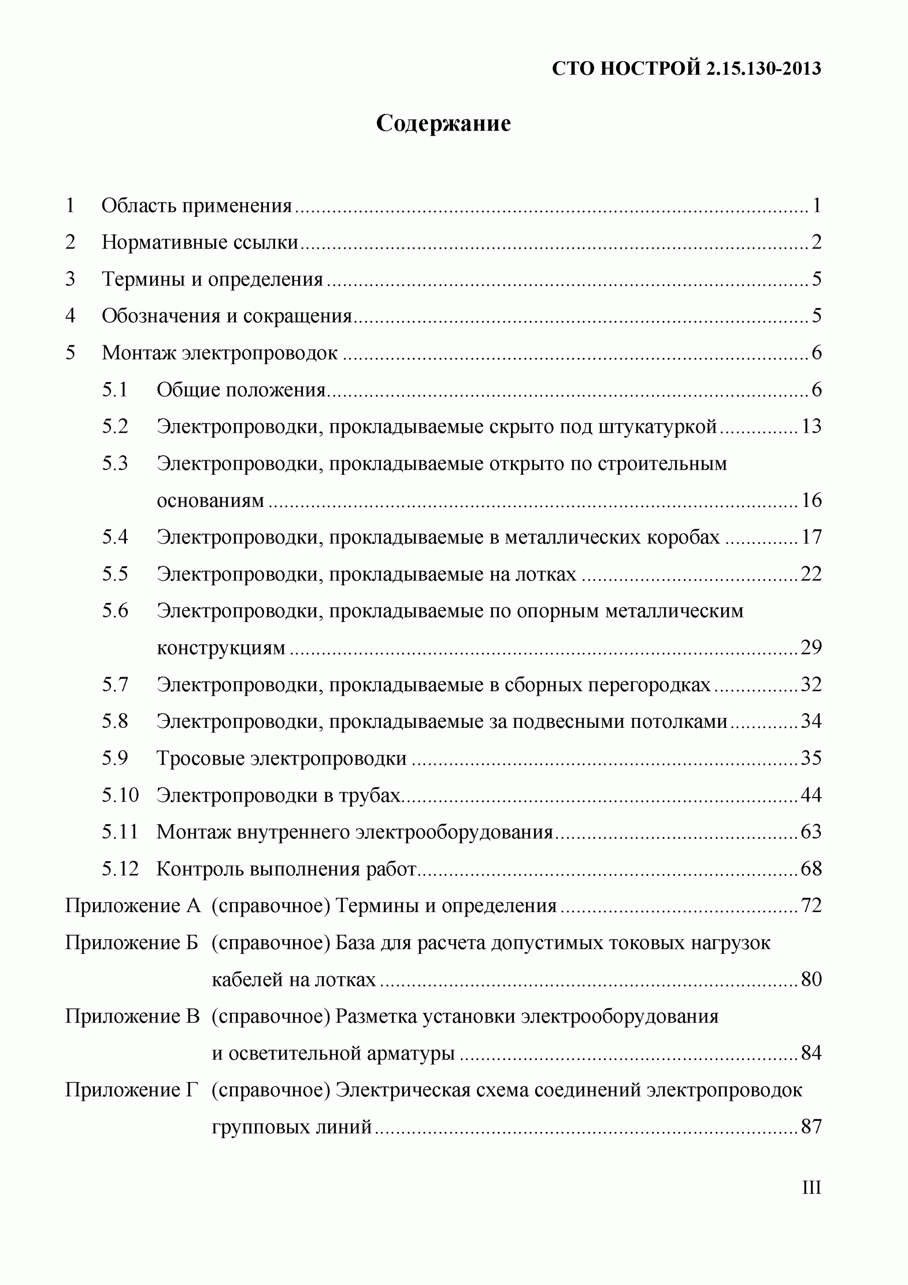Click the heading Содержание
click(443, 123)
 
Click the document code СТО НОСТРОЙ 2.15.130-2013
click(686, 68)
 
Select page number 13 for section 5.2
click(811, 427)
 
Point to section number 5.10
click(120, 795)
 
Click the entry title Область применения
click(196, 206)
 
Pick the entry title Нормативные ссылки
click(200, 242)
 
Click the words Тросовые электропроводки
click(282, 758)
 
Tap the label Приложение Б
click(132, 943)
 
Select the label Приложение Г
click(132, 1090)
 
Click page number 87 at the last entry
click(811, 1126)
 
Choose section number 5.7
click(115, 684)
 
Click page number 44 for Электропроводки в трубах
click(811, 795)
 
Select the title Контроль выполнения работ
click(286, 868)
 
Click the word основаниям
click(210, 500)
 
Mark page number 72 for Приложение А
click(811, 906)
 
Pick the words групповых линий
click(292, 1126)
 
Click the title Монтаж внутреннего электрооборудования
click(354, 832)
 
